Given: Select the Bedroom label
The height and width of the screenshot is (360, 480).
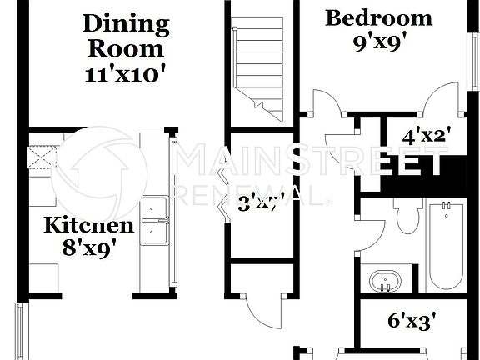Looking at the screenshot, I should (378, 17).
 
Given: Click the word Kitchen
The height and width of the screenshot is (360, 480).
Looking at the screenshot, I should (88, 225).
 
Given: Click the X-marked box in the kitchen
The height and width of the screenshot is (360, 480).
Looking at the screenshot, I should (41, 157).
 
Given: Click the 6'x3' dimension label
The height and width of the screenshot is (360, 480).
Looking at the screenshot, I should (412, 320).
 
